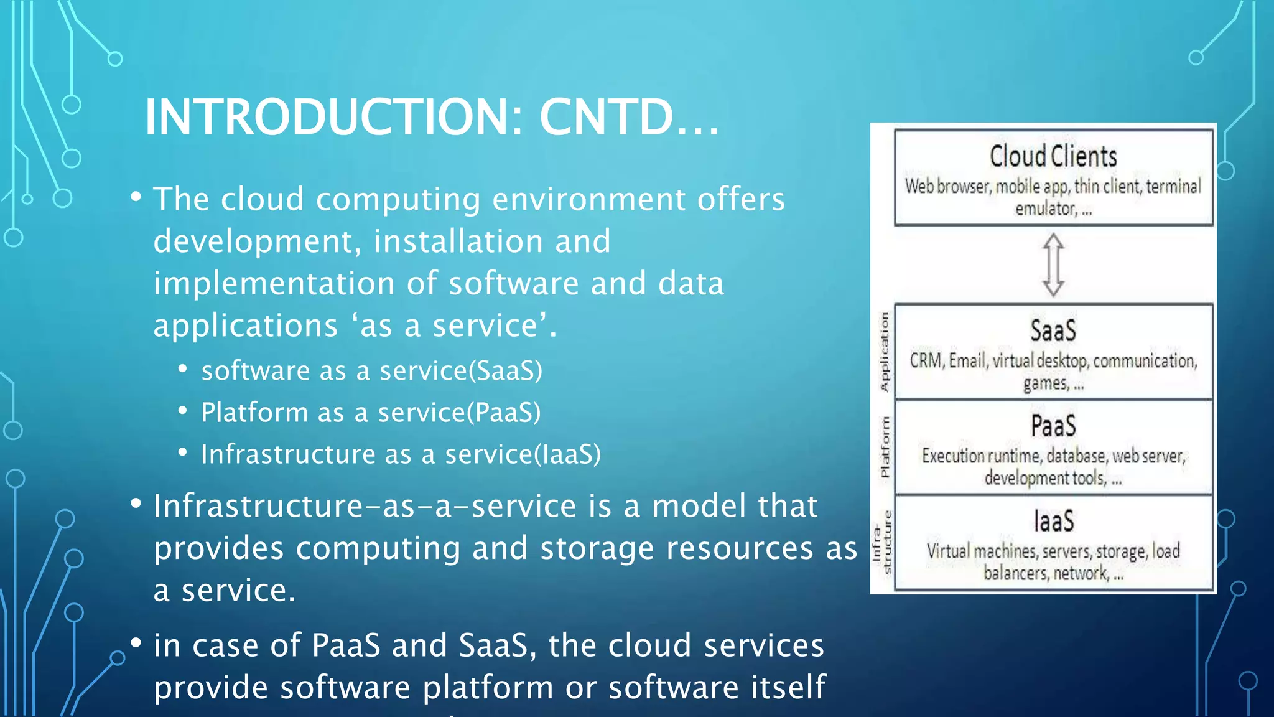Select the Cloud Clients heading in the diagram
coord(1053,156)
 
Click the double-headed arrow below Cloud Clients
coord(1053,265)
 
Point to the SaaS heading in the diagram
coord(1053,330)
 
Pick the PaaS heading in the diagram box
coord(1053,426)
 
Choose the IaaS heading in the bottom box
coord(1054,522)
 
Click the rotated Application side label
coord(884,352)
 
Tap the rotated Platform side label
coord(884,447)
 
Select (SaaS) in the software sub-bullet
coord(505,371)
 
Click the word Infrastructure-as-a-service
coord(365,506)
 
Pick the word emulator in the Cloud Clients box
coord(1046,209)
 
